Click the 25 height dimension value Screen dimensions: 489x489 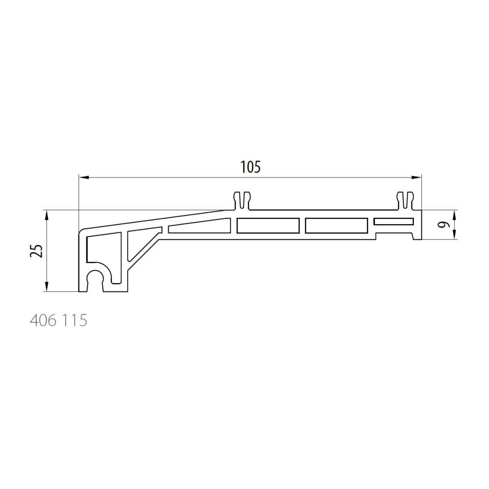36,250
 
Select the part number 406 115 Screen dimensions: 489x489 58,320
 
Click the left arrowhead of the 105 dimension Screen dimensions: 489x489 84,177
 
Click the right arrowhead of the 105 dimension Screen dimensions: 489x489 417,177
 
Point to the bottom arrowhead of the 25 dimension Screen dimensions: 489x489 47,287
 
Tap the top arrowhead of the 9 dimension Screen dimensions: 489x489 454,215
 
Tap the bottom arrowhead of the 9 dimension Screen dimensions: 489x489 454,235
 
